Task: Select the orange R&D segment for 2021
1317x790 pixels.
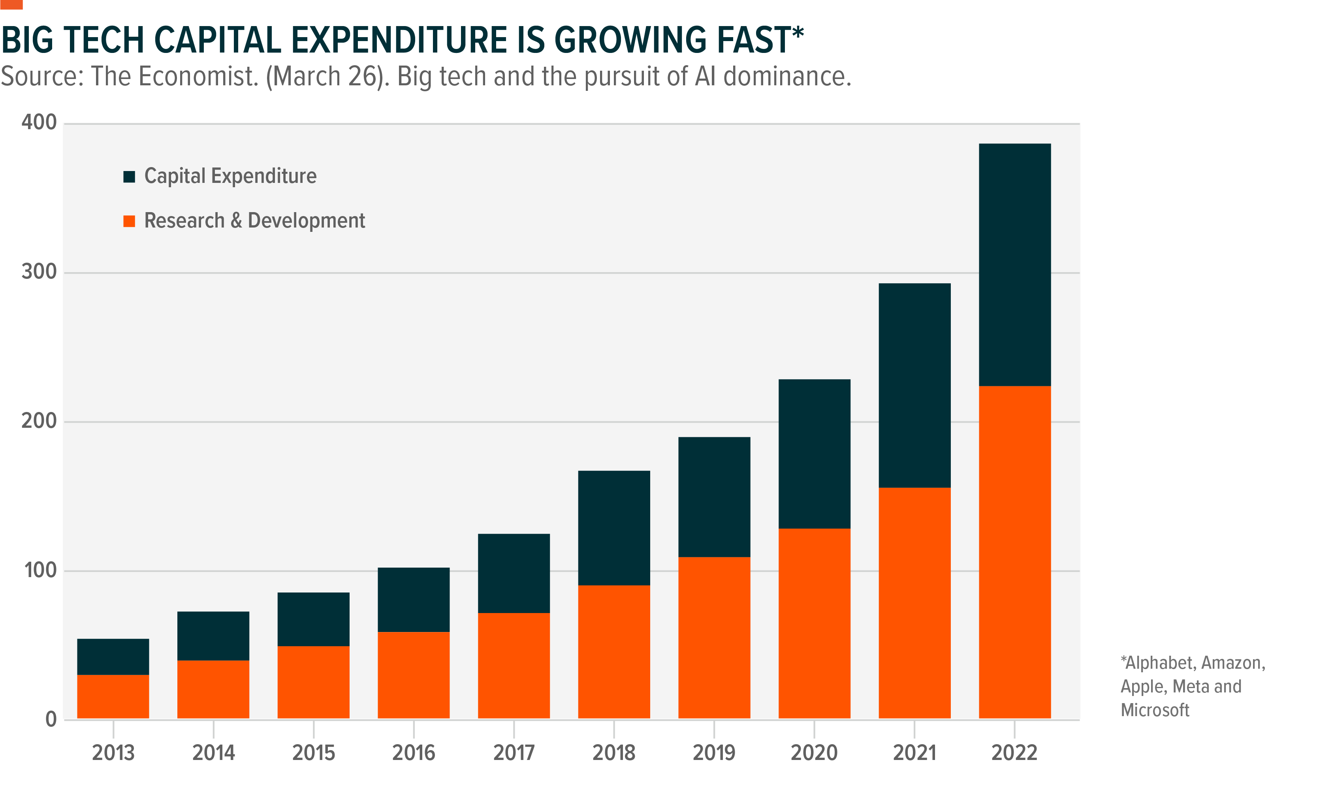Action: pyautogui.click(x=914, y=603)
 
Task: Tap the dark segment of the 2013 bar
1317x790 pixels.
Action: pyautogui.click(x=113, y=656)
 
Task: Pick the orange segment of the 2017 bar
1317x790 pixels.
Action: pyautogui.click(x=514, y=666)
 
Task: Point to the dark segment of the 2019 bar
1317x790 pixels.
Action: pyautogui.click(x=714, y=497)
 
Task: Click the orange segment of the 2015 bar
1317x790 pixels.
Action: pyautogui.click(x=314, y=682)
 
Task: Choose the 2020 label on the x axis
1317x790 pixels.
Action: pyautogui.click(x=814, y=753)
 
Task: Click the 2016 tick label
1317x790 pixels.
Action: pyautogui.click(x=414, y=753)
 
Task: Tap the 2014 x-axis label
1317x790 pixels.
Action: pyautogui.click(x=213, y=753)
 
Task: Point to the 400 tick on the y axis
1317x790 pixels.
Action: pyautogui.click(x=39, y=122)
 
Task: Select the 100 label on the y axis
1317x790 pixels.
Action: pyautogui.click(x=40, y=570)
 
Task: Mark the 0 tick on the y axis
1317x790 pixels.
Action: pyautogui.click(x=51, y=720)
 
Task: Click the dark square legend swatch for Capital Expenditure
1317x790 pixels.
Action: pyautogui.click(x=129, y=177)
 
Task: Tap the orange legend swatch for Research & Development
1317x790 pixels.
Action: pyautogui.click(x=129, y=221)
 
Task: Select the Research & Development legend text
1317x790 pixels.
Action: pyautogui.click(x=254, y=220)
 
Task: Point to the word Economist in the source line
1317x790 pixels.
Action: pyautogui.click(x=198, y=76)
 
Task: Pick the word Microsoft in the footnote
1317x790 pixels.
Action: pyautogui.click(x=1155, y=710)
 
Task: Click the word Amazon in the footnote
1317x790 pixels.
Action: pyautogui.click(x=1233, y=663)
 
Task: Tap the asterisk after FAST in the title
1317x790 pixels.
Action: pyautogui.click(x=798, y=33)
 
